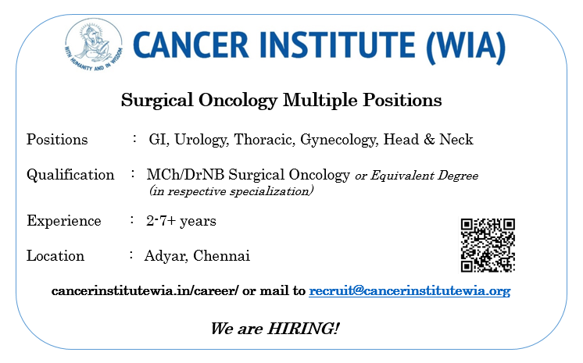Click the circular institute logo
(x=93, y=45)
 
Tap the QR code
(x=488, y=245)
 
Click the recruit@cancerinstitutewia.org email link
(x=410, y=290)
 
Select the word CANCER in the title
(x=191, y=45)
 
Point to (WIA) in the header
(x=467, y=46)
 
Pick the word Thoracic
(x=264, y=140)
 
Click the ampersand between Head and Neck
(x=429, y=139)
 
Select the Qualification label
(x=70, y=175)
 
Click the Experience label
(x=64, y=221)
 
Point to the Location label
(x=55, y=255)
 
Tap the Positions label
(x=57, y=140)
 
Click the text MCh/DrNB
(x=185, y=175)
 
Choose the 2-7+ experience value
(x=161, y=221)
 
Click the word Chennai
(x=222, y=255)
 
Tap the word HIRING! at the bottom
(x=303, y=329)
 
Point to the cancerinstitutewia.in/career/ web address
(x=145, y=290)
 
